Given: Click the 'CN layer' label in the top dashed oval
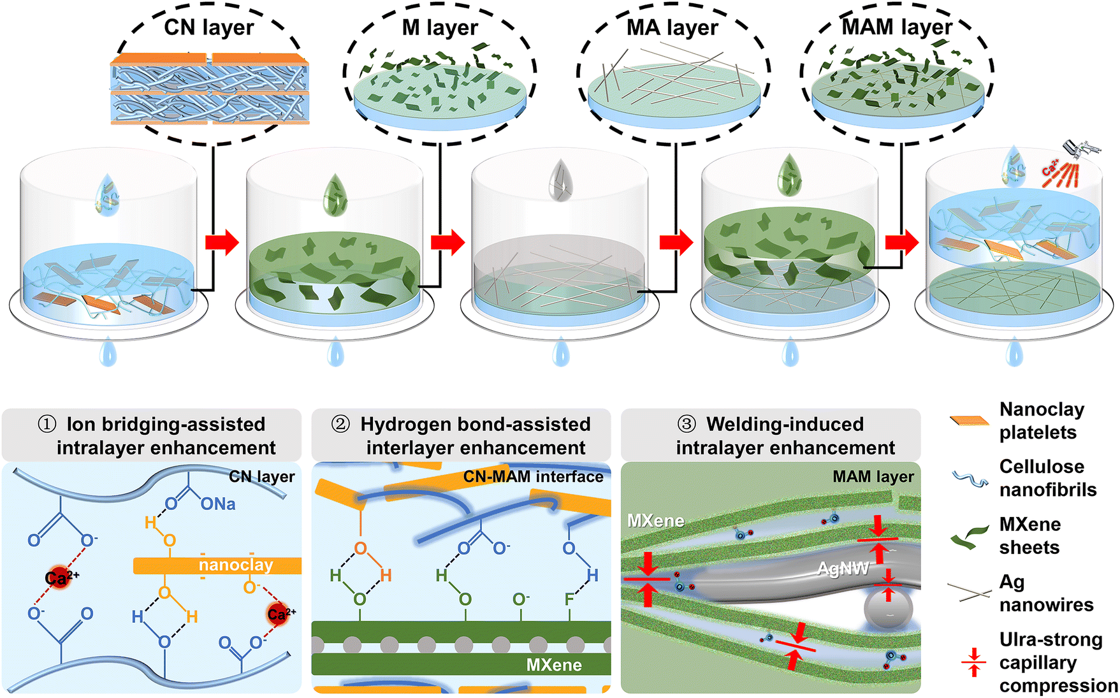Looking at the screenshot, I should (208, 27).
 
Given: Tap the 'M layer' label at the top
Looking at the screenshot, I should (439, 27).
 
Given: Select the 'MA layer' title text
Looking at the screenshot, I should (672, 27).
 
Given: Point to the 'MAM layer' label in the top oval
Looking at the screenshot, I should (896, 27).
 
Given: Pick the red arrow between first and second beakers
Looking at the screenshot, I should (221, 242).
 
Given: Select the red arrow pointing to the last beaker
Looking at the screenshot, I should (901, 242).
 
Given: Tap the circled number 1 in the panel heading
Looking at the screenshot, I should (47, 425).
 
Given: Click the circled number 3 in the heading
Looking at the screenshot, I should (686, 425).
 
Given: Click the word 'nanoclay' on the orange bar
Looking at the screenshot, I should (236, 565).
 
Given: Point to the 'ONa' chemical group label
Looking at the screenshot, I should (218, 504).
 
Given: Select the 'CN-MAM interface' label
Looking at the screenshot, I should (533, 477).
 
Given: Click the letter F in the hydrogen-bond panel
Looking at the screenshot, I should (569, 599).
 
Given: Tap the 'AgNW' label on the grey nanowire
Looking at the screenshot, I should (843, 568).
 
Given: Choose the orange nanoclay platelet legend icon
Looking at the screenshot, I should (969, 421).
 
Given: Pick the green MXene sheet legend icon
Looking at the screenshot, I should (969, 537).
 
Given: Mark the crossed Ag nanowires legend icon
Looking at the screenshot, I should (969, 593).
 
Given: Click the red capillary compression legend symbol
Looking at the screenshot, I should (973, 662).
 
